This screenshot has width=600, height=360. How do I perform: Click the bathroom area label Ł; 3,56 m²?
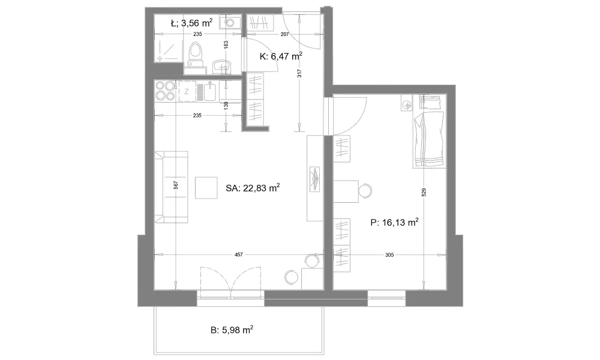(191, 23)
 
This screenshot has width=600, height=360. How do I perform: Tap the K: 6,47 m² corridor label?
(281, 56)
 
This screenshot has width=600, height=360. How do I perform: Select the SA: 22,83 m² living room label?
(253, 188)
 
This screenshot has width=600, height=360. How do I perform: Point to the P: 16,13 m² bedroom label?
(394, 222)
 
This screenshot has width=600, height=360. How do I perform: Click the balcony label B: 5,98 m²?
(232, 330)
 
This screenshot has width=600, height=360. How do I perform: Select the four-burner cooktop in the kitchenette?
(165, 91)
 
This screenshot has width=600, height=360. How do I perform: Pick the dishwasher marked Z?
(187, 91)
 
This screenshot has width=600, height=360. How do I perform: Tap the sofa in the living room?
(172, 187)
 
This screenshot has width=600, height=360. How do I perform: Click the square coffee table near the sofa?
(206, 188)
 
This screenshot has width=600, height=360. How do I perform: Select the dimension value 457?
(238, 255)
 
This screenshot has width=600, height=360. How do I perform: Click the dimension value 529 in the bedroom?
(424, 192)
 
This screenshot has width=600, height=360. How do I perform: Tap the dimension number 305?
(389, 255)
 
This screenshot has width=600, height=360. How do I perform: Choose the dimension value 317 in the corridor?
(299, 73)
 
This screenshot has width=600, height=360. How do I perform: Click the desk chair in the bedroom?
(365, 191)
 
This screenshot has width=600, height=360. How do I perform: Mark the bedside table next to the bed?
(407, 103)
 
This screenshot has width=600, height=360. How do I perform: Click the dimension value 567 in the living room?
(176, 185)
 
